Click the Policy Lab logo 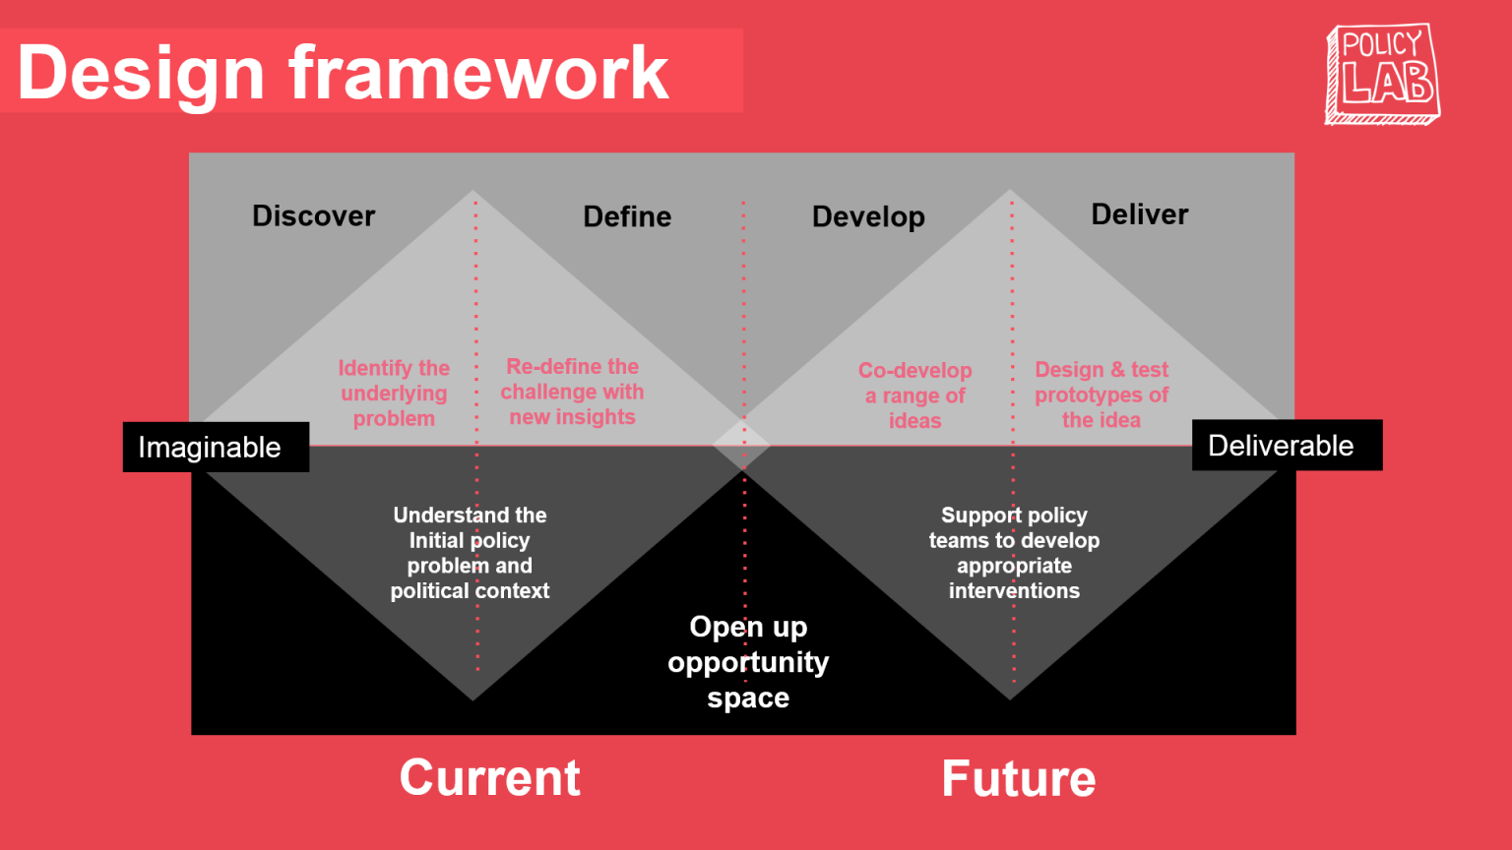pyautogui.click(x=1382, y=74)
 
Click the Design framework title pyautogui.click(x=343, y=73)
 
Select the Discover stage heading pyautogui.click(x=313, y=215)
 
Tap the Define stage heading pyautogui.click(x=627, y=216)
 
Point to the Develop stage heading pyautogui.click(x=868, y=216)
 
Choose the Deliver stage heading pyautogui.click(x=1139, y=214)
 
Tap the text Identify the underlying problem pyautogui.click(x=394, y=394)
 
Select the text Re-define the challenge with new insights pyautogui.click(x=572, y=392)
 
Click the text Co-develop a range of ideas pyautogui.click(x=914, y=395)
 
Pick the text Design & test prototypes pyautogui.click(x=1101, y=395)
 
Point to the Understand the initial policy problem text pyautogui.click(x=470, y=552)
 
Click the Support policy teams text pyautogui.click(x=1014, y=552)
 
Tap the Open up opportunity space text pyautogui.click(x=748, y=661)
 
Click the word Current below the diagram pyautogui.click(x=489, y=777)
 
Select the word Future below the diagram pyautogui.click(x=1018, y=778)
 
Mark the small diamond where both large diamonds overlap pyautogui.click(x=741, y=445)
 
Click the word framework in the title pyautogui.click(x=478, y=73)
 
